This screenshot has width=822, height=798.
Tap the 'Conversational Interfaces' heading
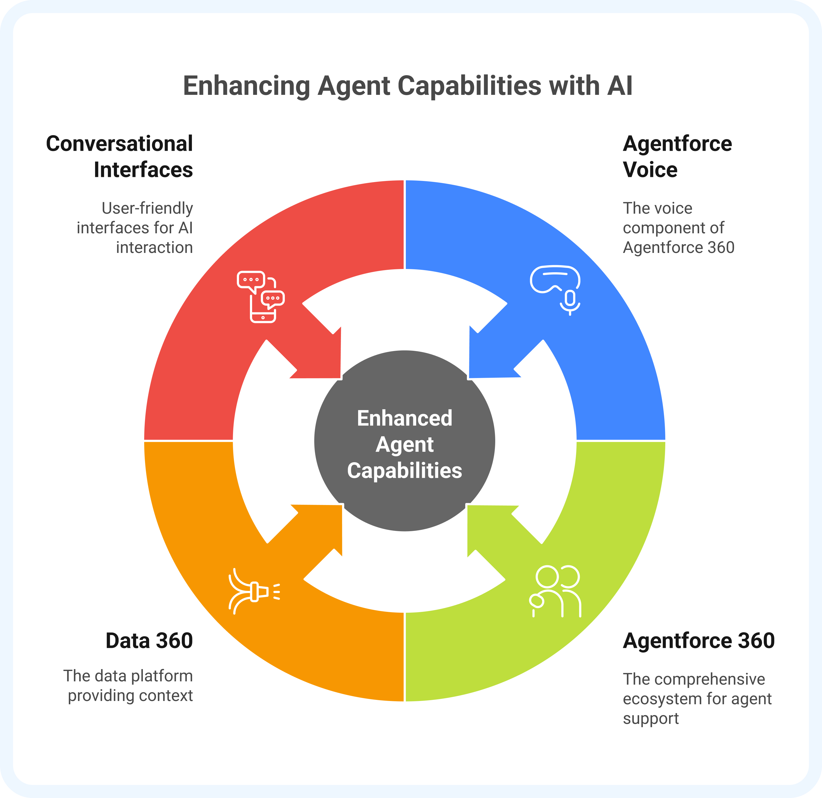click(120, 156)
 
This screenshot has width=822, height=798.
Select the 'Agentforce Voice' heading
click(677, 156)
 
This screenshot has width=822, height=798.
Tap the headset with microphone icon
click(555, 290)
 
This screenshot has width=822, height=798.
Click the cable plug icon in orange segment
click(254, 591)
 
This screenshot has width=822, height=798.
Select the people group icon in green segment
click(555, 591)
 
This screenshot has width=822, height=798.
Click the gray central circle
click(405, 441)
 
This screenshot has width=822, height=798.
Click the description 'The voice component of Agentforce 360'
click(679, 228)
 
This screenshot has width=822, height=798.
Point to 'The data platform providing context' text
click(128, 686)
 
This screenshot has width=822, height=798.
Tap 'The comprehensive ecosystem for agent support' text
click(697, 699)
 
